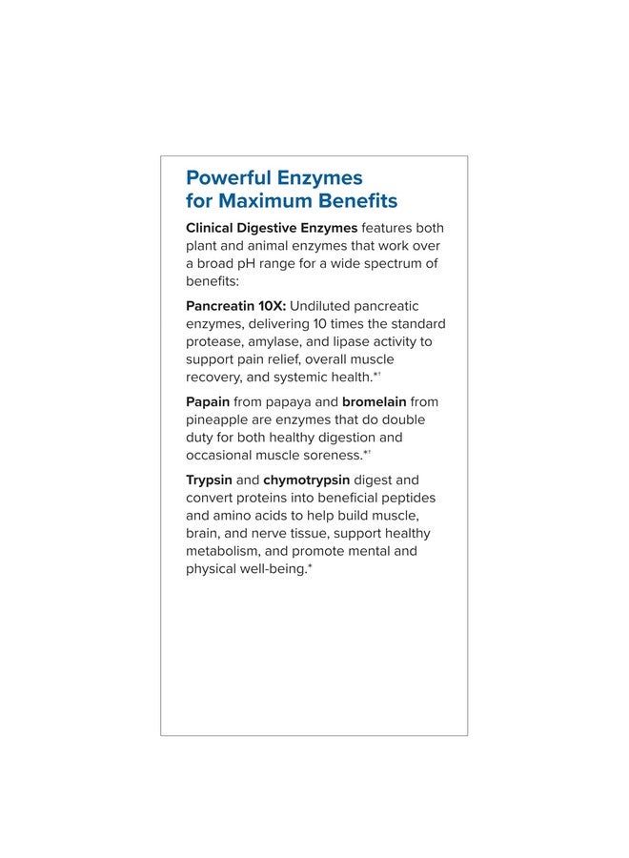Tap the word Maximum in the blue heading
click(261, 201)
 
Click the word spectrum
click(387, 263)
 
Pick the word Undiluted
click(323, 306)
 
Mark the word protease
click(213, 341)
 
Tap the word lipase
click(360, 341)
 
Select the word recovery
click(213, 377)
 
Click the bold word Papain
click(208, 402)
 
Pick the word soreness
click(334, 455)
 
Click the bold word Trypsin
click(209, 480)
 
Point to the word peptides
click(405, 498)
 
